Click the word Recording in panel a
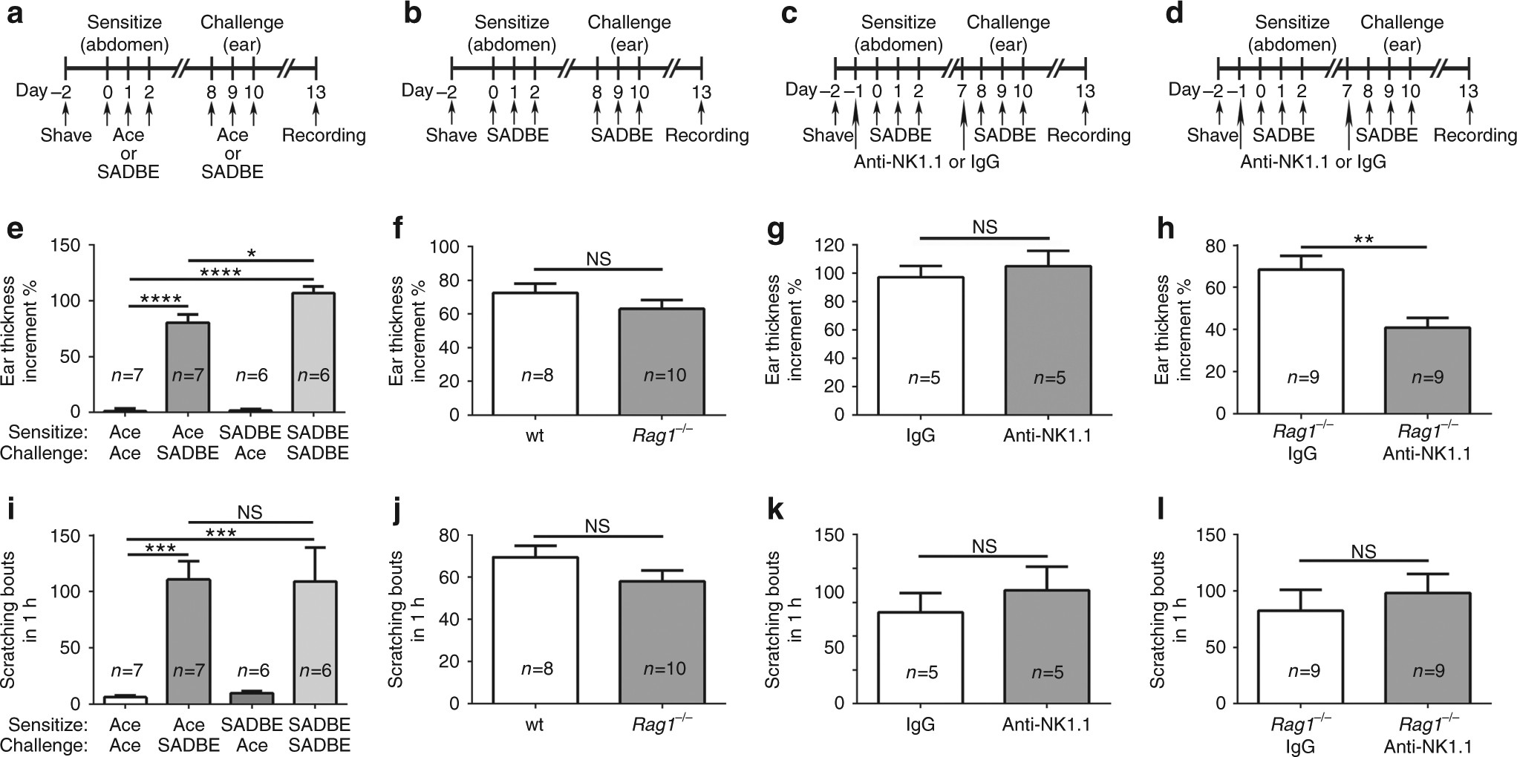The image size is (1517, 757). [x=324, y=135]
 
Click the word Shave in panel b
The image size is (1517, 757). [x=451, y=135]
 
